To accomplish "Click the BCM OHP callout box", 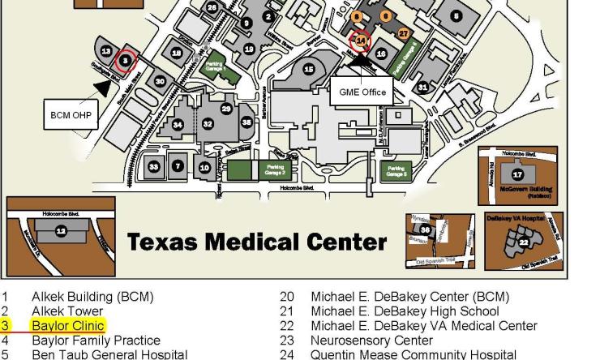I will point(70,115).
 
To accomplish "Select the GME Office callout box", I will point(358,92).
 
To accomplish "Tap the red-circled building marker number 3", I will point(124,60).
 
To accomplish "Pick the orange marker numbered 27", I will point(404,33).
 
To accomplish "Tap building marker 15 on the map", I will point(307,71).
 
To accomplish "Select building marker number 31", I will point(422,87).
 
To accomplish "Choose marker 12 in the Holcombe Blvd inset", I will point(61,231).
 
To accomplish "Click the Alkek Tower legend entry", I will point(67,311).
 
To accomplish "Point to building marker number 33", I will point(155,166).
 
